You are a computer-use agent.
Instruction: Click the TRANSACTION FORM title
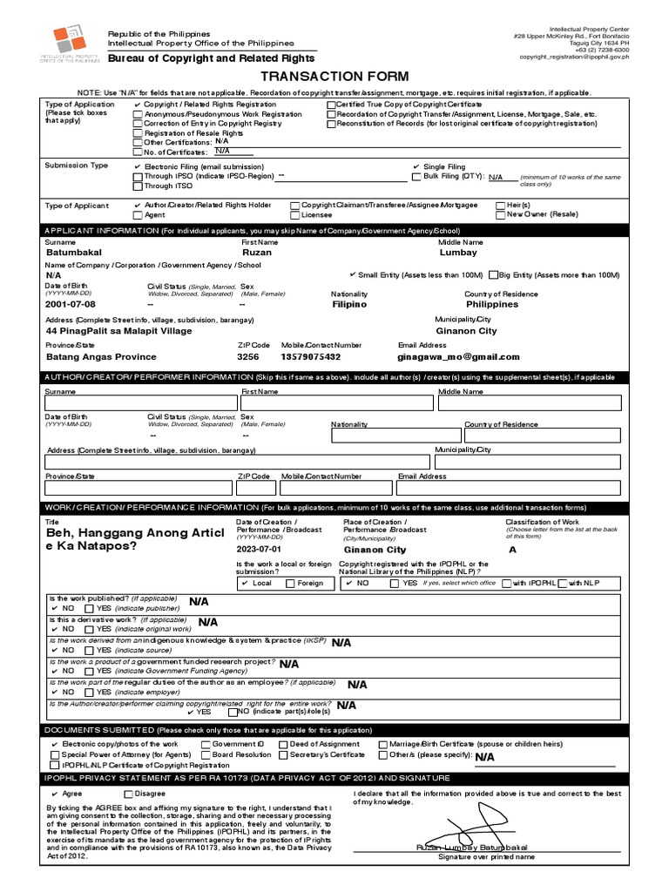[x=334, y=77]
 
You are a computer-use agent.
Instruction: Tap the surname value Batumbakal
[x=74, y=253]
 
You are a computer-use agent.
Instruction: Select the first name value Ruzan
[x=257, y=253]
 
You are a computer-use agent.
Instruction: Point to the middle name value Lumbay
[x=458, y=253]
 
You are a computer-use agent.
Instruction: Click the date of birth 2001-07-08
[x=71, y=305]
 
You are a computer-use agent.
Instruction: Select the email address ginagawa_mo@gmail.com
[x=458, y=357]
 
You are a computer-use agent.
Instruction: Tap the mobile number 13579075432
[x=311, y=357]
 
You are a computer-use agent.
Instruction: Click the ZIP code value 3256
[x=248, y=357]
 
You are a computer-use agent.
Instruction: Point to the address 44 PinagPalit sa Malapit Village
[x=118, y=331]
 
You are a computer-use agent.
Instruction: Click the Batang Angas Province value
[x=101, y=357]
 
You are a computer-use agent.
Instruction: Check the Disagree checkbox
[x=129, y=794]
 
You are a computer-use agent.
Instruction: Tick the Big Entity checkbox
[x=494, y=274]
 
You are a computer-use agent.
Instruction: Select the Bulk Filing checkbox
[x=416, y=177]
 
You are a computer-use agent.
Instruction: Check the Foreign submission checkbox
[x=289, y=583]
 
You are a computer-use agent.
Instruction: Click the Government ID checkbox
[x=206, y=745]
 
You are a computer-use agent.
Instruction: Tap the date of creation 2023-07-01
[x=260, y=551]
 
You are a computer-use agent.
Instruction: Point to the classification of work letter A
[x=512, y=551]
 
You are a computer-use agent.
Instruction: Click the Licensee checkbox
[x=294, y=214]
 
